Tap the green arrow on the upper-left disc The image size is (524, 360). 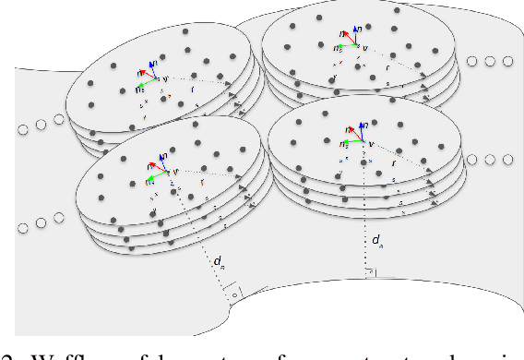click(x=144, y=86)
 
